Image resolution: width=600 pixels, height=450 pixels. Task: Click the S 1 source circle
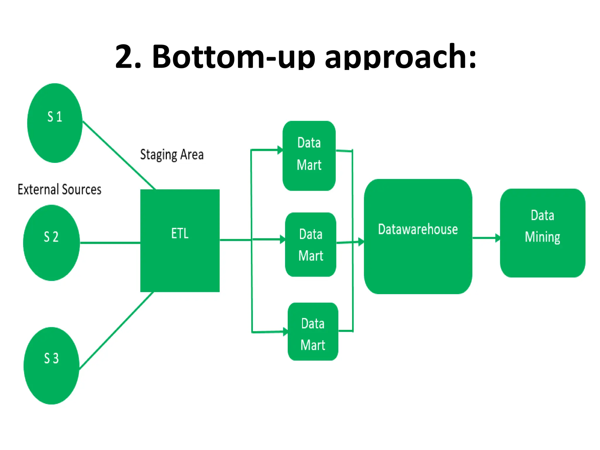click(55, 123)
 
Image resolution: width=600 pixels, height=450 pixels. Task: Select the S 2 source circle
click(52, 243)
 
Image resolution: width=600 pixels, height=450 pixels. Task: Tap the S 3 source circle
click(52, 365)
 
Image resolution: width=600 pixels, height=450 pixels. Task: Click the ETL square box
click(180, 241)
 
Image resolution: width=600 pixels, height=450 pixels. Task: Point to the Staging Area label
click(172, 155)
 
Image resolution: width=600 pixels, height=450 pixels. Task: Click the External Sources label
click(59, 190)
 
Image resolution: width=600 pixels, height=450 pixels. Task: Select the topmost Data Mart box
click(309, 156)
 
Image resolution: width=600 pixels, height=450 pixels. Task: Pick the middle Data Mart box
click(311, 244)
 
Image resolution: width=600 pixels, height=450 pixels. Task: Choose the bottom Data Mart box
click(313, 331)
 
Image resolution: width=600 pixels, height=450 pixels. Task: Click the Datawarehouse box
click(418, 236)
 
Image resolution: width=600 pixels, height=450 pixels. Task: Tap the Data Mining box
click(543, 233)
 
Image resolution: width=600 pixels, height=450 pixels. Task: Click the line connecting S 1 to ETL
click(119, 155)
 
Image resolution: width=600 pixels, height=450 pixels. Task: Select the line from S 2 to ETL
click(110, 243)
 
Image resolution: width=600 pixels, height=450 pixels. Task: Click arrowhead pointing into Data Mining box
click(497, 238)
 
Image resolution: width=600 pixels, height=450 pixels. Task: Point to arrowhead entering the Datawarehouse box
click(361, 242)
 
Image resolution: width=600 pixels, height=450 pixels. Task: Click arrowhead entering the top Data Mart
click(280, 150)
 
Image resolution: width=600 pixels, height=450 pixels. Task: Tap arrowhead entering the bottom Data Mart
click(285, 332)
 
